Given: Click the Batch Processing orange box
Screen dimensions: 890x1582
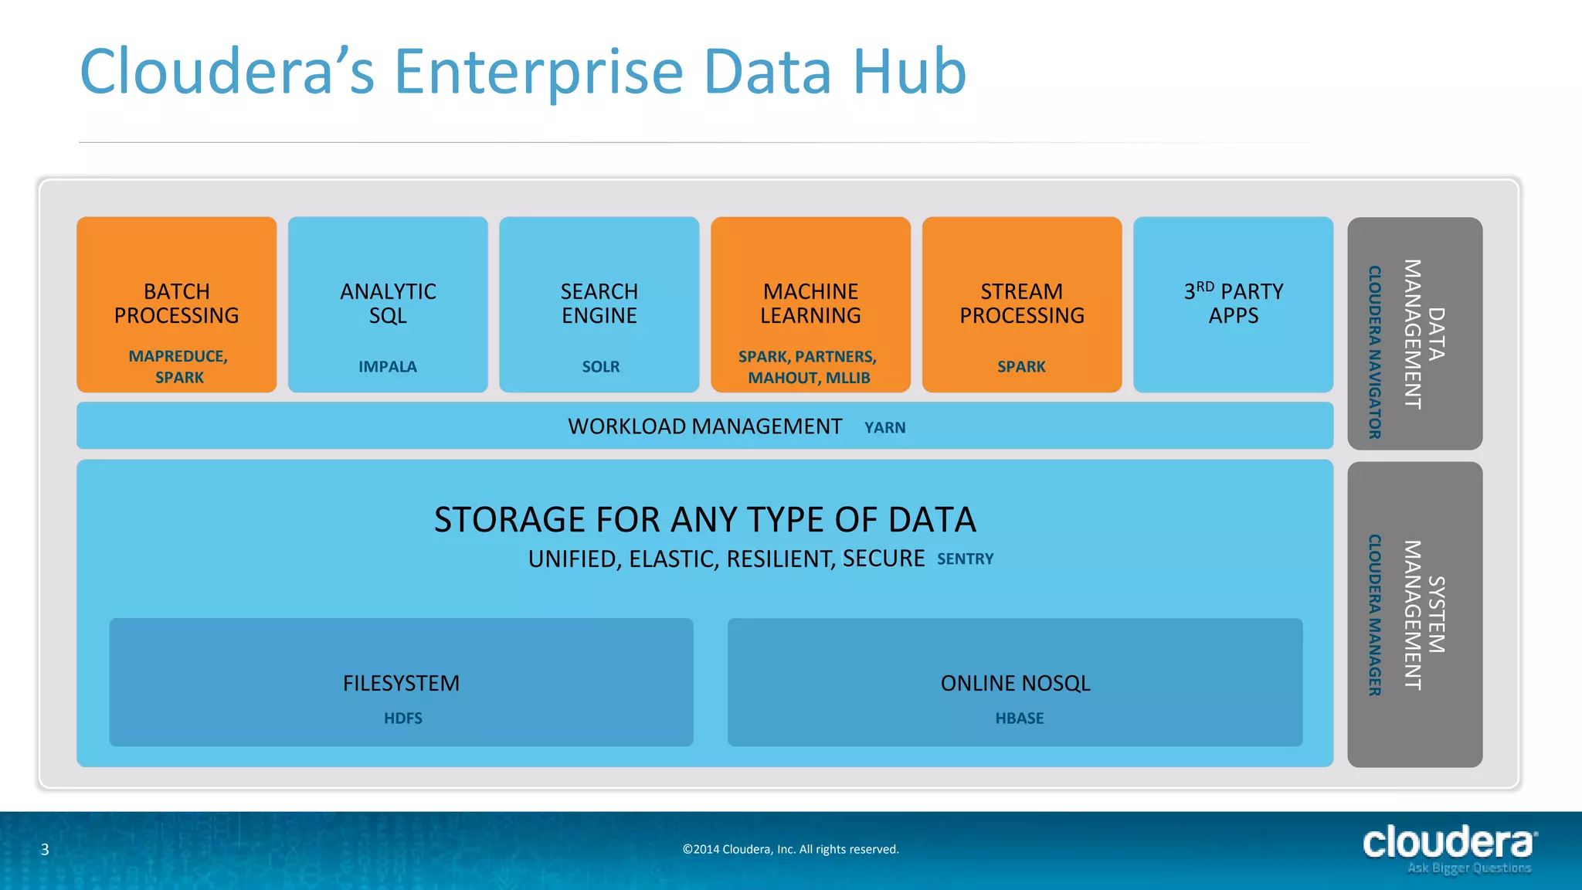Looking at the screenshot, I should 176,304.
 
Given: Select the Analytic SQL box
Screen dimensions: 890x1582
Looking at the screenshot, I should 388,304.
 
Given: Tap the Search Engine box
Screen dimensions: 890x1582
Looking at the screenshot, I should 599,304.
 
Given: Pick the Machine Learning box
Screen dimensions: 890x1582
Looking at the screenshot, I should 810,304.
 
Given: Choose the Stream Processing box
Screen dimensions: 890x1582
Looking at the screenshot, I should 1021,304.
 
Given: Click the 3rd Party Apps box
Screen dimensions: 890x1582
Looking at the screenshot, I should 1233,304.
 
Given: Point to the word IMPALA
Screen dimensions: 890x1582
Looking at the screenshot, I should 388,367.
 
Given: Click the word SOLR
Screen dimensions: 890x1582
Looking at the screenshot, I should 601,367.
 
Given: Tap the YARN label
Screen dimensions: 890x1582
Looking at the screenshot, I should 885,428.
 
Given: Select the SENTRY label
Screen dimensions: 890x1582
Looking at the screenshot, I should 966,559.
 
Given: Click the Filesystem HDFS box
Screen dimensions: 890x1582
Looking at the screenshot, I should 401,682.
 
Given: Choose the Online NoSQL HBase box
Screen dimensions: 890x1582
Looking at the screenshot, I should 1015,682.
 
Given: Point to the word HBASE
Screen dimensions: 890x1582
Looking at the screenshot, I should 1020,718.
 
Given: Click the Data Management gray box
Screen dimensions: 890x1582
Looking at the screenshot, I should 1414,334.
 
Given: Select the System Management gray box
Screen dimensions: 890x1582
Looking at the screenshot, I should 1414,615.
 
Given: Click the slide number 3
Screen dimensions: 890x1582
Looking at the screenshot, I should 45,850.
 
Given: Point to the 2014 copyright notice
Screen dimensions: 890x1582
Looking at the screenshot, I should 791,850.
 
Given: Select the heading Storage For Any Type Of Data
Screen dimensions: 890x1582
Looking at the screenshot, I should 704,520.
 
